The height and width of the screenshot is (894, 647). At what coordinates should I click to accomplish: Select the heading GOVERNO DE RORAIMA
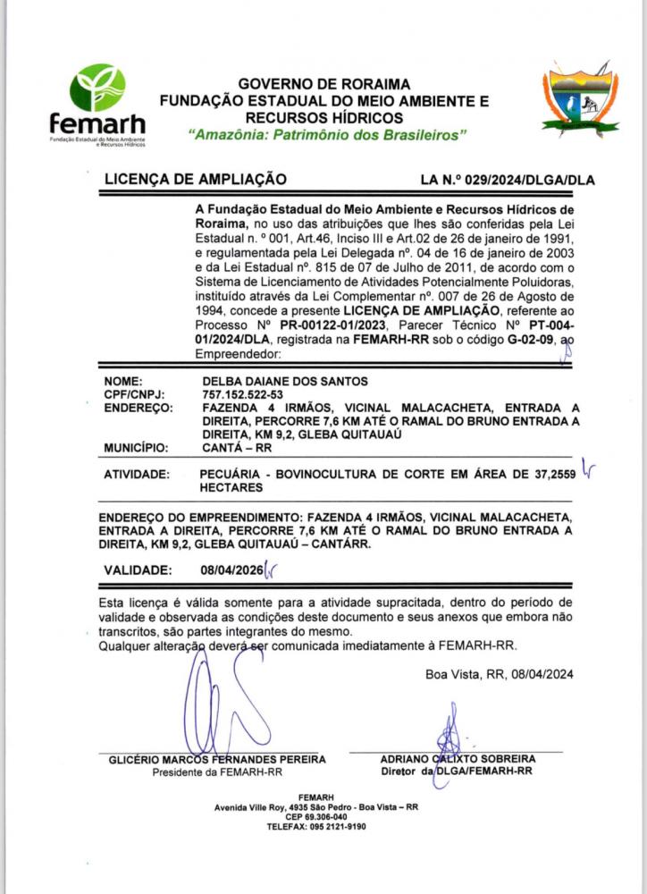323,84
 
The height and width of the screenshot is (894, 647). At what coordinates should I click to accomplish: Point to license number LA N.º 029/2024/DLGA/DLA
507,180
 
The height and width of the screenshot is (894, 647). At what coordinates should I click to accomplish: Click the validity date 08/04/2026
232,569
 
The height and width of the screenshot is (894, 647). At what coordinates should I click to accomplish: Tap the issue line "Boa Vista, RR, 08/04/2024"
499,674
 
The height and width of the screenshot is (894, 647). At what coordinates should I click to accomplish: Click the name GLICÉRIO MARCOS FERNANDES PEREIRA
217,759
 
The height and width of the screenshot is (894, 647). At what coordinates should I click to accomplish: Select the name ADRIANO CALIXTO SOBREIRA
458,759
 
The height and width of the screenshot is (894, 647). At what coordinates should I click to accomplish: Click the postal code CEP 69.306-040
316,816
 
